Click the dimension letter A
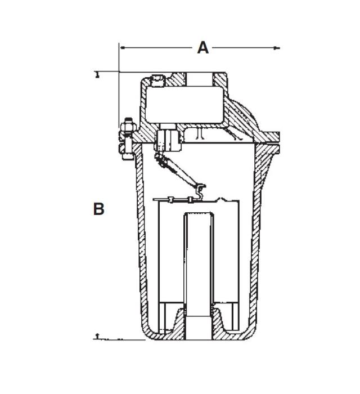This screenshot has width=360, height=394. click(202, 48)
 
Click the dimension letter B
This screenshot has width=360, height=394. click(98, 209)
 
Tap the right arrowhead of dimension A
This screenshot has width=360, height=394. click(276, 48)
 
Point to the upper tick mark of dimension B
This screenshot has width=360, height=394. click(98, 73)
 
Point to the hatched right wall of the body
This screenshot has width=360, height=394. click(258, 236)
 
